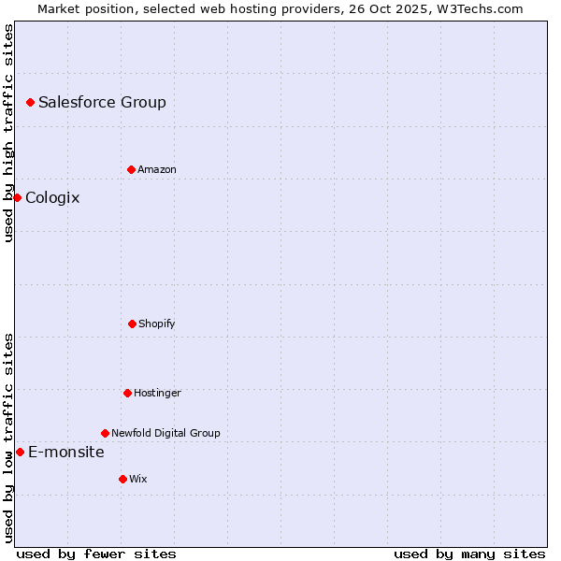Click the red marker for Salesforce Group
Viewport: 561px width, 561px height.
coord(30,102)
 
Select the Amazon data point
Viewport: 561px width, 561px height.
coord(131,169)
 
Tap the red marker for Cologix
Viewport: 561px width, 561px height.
coord(17,197)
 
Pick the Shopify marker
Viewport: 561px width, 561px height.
coord(132,324)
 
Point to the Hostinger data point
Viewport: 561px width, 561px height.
coord(127,393)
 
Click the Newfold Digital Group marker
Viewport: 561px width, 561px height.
coord(105,433)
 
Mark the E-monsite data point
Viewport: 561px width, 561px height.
coord(20,452)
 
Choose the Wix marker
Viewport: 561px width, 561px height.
coord(122,479)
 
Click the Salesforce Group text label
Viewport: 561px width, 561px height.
coord(102,102)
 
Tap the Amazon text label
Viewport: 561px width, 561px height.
coord(157,169)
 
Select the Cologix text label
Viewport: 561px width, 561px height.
coord(52,197)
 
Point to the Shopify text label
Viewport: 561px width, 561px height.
coord(157,324)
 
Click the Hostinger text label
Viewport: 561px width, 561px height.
coord(157,393)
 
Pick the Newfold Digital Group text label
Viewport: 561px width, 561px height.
coord(165,433)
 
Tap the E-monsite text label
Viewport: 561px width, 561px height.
coord(66,452)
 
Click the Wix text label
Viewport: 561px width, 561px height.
coord(138,479)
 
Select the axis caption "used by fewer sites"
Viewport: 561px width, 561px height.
coord(96,554)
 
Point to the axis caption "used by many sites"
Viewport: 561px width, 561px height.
coord(469,554)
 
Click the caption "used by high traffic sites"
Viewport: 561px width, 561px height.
coord(8,133)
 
